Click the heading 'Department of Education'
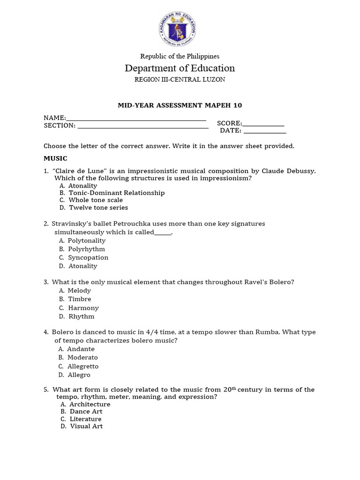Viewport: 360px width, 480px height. coord(180,68)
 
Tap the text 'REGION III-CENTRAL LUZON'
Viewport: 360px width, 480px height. coord(180,80)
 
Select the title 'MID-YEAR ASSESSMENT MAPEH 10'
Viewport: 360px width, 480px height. coord(180,105)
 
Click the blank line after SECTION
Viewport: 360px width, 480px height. coord(142,127)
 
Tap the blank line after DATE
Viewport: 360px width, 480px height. coord(264,132)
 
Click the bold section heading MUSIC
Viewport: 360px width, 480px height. coord(55,158)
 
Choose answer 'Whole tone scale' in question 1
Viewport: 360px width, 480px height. coord(96,200)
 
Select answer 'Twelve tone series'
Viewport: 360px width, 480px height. coord(98,208)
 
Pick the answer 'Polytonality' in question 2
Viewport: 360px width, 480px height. coord(87,240)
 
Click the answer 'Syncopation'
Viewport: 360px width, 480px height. coord(88,257)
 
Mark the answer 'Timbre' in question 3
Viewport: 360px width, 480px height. coord(79,299)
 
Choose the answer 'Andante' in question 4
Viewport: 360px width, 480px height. coord(81,349)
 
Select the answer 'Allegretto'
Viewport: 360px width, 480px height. coord(82,366)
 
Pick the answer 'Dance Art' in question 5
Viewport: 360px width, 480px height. coord(86,412)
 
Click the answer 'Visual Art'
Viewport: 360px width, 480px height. coord(86,426)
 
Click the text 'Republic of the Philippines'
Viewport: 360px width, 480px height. coord(180,56)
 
